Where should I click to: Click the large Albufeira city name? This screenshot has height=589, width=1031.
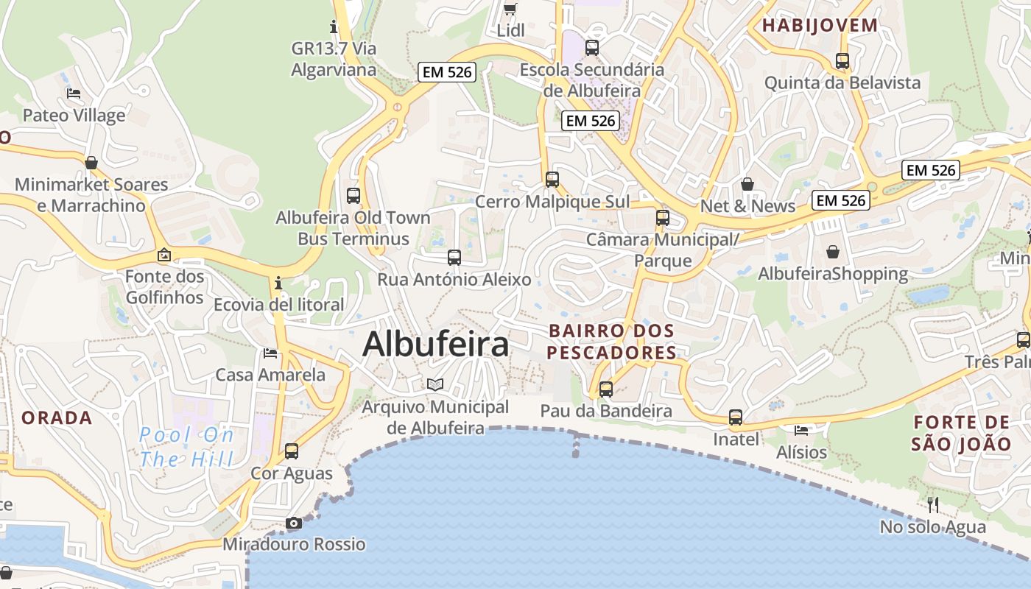click(x=435, y=344)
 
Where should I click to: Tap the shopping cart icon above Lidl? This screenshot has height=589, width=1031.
click(x=510, y=9)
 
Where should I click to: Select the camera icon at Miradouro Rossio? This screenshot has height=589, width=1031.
click(x=294, y=523)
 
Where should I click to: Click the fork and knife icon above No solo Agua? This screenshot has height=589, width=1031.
click(x=933, y=505)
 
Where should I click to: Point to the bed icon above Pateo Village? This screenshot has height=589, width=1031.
click(x=74, y=94)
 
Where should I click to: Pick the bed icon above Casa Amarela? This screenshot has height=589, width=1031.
click(x=270, y=353)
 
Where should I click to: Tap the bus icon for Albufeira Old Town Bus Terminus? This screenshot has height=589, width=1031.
click(x=353, y=196)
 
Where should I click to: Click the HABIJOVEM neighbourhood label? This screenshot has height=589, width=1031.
click(x=820, y=26)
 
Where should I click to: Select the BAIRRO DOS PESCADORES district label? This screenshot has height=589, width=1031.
click(x=611, y=342)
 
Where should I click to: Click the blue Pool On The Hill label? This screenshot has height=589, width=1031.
click(x=186, y=447)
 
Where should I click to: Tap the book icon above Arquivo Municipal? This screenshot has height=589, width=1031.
click(x=435, y=384)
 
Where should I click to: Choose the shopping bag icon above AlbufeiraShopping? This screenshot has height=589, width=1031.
click(x=833, y=252)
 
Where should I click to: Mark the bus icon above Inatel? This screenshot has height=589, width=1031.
click(x=736, y=417)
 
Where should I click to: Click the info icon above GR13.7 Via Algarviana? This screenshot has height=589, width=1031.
click(x=334, y=27)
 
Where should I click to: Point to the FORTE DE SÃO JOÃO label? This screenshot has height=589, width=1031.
click(x=962, y=433)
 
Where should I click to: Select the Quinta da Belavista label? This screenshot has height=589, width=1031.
click(x=842, y=82)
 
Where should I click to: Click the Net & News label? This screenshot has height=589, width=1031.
click(x=747, y=206)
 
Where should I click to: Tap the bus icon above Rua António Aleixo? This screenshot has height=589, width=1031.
click(x=454, y=258)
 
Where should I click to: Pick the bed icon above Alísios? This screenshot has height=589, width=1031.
click(x=801, y=430)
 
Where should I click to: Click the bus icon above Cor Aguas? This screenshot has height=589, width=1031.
click(x=292, y=451)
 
